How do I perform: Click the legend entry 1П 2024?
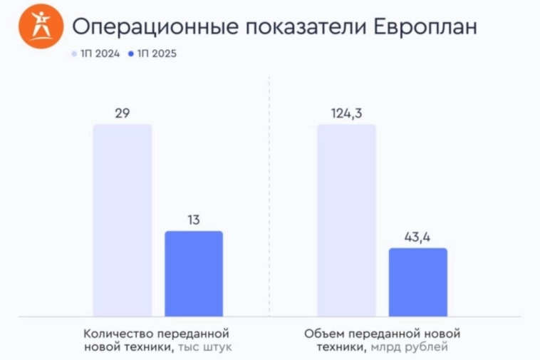(x=98, y=53)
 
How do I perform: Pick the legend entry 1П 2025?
(x=155, y=53)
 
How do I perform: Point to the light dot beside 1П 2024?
(x=74, y=53)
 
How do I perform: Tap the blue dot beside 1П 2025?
(x=131, y=53)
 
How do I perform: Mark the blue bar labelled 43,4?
(x=417, y=282)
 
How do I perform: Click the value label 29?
(x=123, y=113)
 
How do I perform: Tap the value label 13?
(x=194, y=220)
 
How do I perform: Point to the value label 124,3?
(x=346, y=113)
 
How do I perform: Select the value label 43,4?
(x=417, y=237)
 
